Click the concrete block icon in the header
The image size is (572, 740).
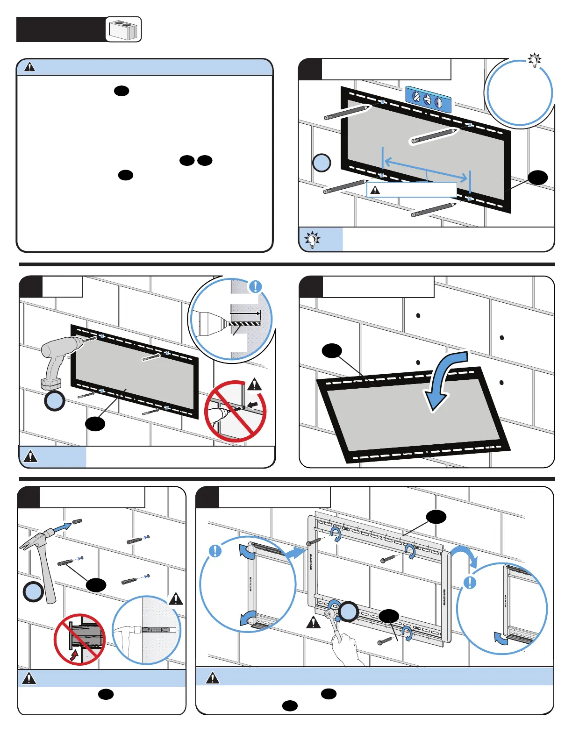(x=123, y=29)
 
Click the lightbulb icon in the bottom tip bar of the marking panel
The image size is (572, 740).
(x=312, y=240)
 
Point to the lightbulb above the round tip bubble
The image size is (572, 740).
(x=534, y=60)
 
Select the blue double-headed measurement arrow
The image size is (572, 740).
(x=425, y=170)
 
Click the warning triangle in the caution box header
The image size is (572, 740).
(x=29, y=67)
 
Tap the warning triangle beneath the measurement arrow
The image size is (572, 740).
(x=375, y=190)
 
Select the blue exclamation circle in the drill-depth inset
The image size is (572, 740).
(x=255, y=286)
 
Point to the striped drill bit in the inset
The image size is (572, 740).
(x=244, y=323)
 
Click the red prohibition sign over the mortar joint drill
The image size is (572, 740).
(x=235, y=412)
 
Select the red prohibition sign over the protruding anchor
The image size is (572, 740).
(x=80, y=639)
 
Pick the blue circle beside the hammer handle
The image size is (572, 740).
(x=33, y=592)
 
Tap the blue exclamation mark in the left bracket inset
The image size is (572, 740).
(x=215, y=551)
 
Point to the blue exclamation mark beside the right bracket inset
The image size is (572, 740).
(x=469, y=583)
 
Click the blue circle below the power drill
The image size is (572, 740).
(x=55, y=401)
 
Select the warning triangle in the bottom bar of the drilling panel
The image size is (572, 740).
(x=30, y=456)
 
